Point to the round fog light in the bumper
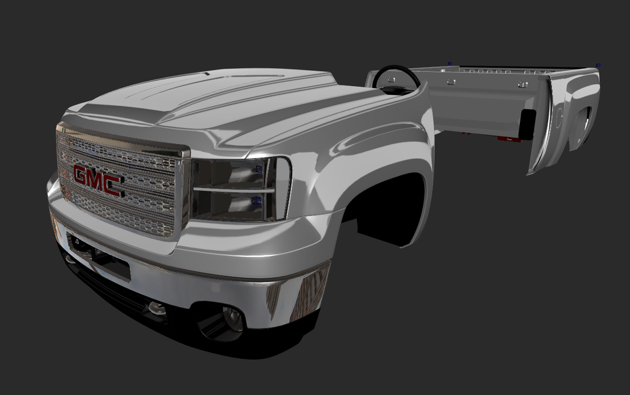coord(232,319)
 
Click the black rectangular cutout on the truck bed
coord(527,124)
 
